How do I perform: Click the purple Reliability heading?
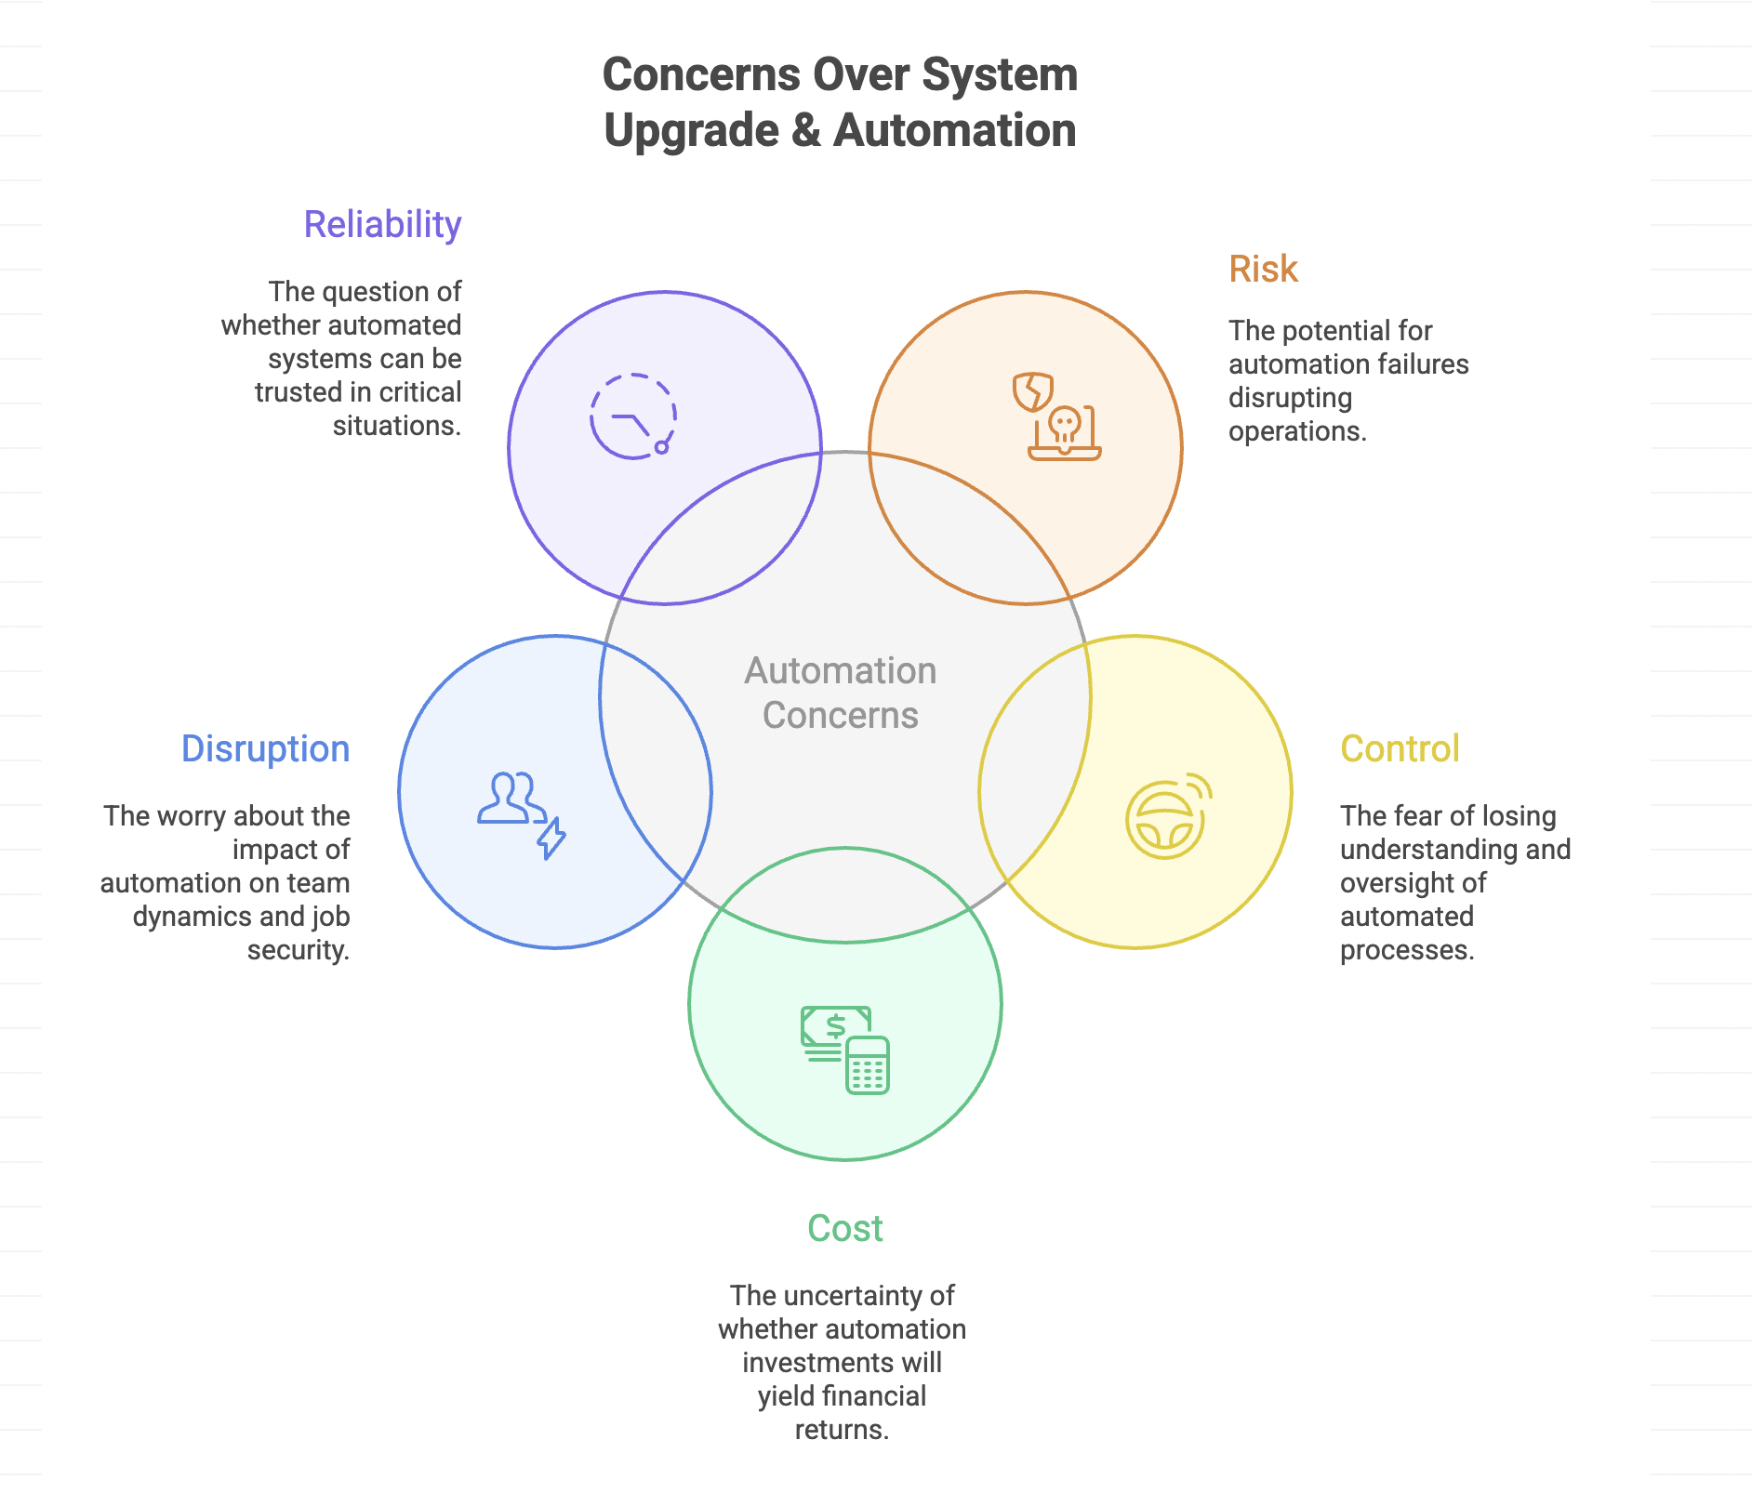[382, 224]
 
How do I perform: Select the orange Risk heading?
[1262, 269]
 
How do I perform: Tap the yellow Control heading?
[1399, 748]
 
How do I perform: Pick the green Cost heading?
[844, 1228]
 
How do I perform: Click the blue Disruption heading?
[265, 748]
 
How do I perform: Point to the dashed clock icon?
[632, 416]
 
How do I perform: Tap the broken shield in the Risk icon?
[1032, 391]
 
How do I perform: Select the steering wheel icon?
[1164, 819]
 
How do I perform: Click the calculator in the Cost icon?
[868, 1065]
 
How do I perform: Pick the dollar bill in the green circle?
[835, 1026]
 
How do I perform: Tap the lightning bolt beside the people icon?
[552, 838]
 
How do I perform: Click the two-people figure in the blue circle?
[510, 798]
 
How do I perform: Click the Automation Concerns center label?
[840, 693]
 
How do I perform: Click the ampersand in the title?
[805, 130]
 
